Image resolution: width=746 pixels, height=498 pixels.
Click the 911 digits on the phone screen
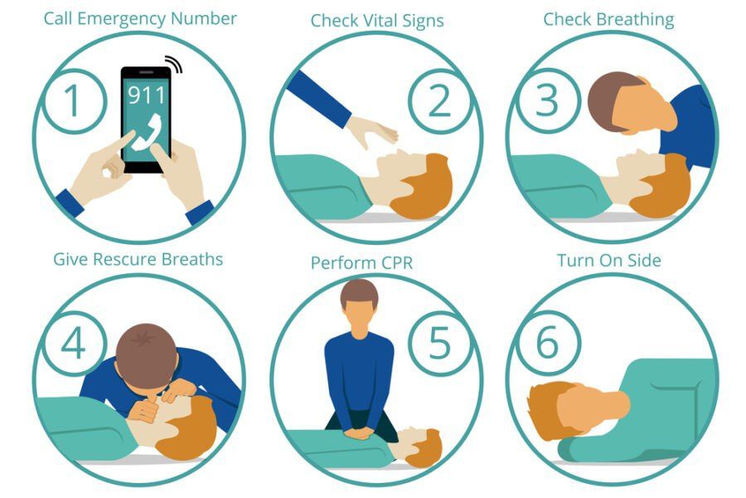coord(147,93)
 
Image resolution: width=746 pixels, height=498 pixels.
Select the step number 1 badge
coord(73,100)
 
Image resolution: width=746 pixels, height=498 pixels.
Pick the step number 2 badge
coord(438,100)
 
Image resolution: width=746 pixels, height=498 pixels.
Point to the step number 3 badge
coord(548,100)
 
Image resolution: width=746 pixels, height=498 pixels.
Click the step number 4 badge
coord(73,344)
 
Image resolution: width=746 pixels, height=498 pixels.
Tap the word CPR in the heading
coord(395,263)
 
